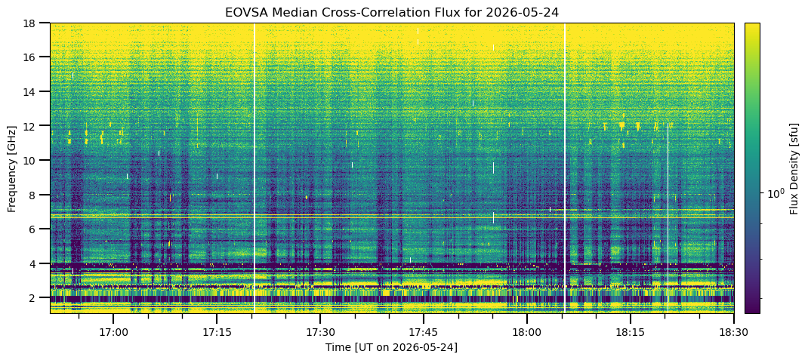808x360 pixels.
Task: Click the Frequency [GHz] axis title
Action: tap(12, 168)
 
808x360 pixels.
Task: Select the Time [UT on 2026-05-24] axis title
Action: tap(391, 347)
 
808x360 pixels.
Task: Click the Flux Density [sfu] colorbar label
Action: tap(794, 168)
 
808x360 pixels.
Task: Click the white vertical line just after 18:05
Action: tap(565, 168)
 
